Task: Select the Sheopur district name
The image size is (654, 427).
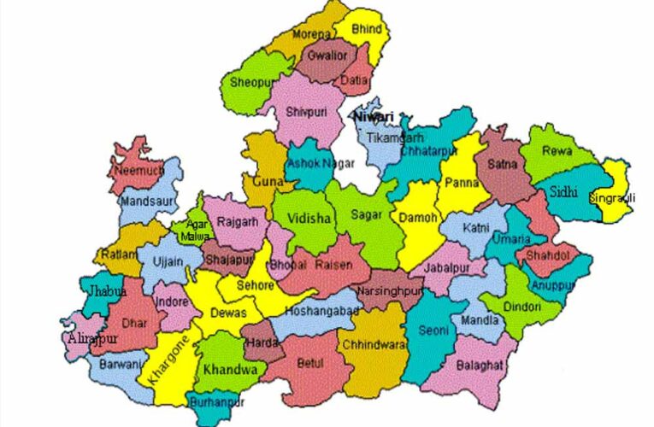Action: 248,83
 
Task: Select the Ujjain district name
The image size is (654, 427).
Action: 166,261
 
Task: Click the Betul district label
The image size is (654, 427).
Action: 310,363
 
